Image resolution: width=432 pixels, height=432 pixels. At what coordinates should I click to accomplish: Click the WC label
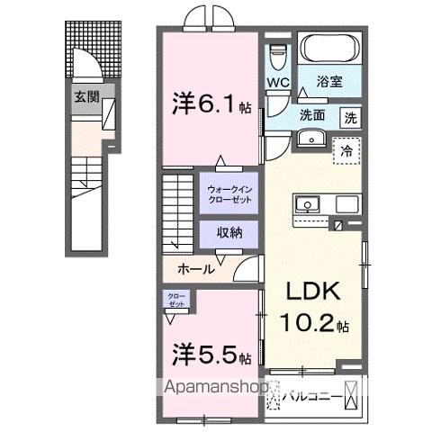276,82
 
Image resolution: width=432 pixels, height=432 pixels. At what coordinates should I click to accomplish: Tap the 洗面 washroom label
312,116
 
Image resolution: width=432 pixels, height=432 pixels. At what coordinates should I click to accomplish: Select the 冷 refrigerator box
345,152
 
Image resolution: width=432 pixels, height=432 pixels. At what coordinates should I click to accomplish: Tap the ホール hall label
196,268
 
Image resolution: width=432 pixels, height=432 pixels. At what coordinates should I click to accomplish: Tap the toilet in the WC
277,55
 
